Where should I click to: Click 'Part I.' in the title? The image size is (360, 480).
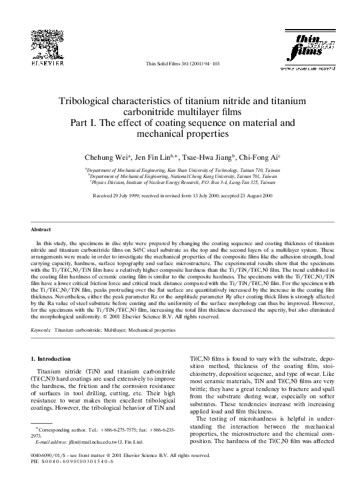87,122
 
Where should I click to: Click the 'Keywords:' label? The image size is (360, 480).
41,330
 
